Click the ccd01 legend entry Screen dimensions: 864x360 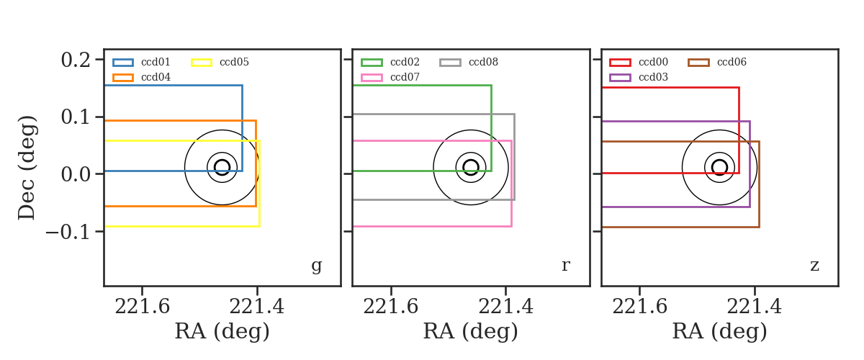point(156,62)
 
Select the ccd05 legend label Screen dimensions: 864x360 point(234,62)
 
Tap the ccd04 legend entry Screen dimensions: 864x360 point(156,77)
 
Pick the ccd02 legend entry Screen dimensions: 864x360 point(405,62)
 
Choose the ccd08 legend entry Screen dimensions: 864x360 point(483,62)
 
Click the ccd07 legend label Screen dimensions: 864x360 point(405,77)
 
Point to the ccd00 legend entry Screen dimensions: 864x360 point(653,62)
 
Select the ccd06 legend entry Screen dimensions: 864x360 point(732,62)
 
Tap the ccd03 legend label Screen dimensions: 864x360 point(653,77)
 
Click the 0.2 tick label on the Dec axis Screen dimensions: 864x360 point(76,60)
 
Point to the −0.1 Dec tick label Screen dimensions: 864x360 point(68,232)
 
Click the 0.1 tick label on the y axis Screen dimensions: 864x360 point(76,117)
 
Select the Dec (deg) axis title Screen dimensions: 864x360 point(27,168)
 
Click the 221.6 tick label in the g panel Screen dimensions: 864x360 point(142,307)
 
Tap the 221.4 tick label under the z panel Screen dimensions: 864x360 point(754,307)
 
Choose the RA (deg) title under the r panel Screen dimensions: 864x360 point(471,332)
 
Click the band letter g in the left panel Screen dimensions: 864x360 point(316,266)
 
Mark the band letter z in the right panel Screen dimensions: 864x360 point(814,266)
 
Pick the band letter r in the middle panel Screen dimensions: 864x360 point(565,266)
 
